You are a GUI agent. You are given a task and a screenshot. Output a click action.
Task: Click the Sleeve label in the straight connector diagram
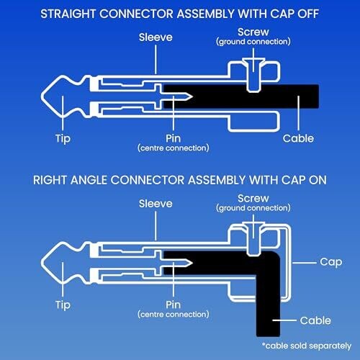pyautogui.click(x=156, y=37)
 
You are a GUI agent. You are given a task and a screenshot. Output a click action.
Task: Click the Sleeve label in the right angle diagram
pyautogui.click(x=156, y=204)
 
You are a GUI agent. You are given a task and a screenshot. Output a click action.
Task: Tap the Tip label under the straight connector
pyautogui.click(x=63, y=139)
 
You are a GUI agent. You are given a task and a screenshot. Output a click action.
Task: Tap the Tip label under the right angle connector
pyautogui.click(x=63, y=305)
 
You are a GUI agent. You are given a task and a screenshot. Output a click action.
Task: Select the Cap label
pyautogui.click(x=331, y=262)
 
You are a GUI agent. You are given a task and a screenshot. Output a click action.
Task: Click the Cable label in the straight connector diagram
pyautogui.click(x=298, y=138)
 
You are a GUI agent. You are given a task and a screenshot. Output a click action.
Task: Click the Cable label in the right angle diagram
pyautogui.click(x=315, y=320)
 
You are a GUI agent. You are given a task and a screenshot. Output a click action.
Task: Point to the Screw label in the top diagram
pyautogui.click(x=253, y=32)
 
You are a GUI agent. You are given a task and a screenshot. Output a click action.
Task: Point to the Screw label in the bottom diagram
pyautogui.click(x=253, y=199)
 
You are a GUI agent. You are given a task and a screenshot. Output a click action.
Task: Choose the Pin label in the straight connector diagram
pyautogui.click(x=173, y=138)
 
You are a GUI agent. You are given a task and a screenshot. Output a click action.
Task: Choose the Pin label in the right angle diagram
pyautogui.click(x=173, y=305)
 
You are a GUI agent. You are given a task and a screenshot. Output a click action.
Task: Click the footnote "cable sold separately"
pyautogui.click(x=307, y=346)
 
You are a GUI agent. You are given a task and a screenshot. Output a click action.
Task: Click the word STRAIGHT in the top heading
pyautogui.click(x=68, y=14)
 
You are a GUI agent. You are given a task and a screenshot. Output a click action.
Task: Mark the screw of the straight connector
pyautogui.click(x=253, y=75)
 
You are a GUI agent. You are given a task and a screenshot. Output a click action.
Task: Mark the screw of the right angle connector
pyautogui.click(x=253, y=240)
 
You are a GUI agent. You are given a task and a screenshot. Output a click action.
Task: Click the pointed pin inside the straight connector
pyautogui.click(x=174, y=96)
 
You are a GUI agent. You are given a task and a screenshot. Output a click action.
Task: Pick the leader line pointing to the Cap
pyautogui.click(x=305, y=263)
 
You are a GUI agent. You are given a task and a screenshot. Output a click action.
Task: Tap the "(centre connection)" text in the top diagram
pyautogui.click(x=174, y=148)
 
